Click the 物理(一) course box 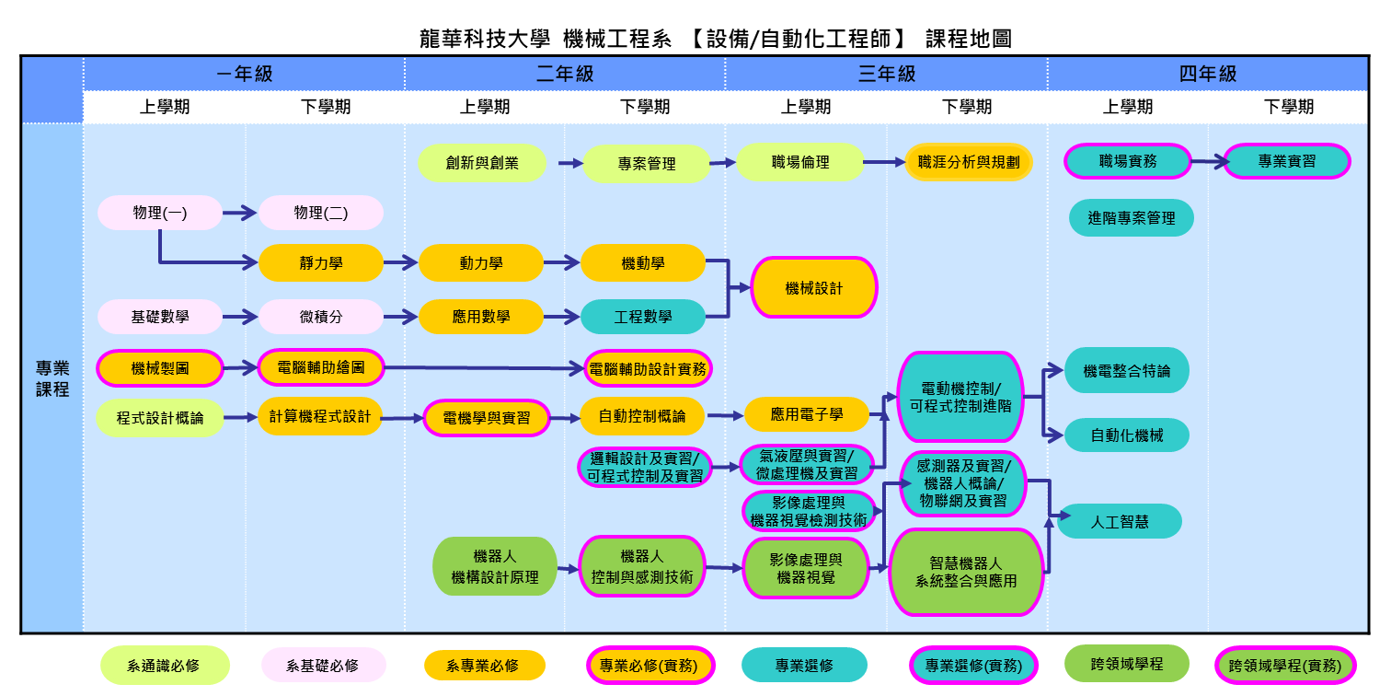(159, 213)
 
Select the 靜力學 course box (320, 263)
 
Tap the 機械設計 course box (814, 288)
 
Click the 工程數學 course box (643, 317)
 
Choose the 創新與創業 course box (482, 163)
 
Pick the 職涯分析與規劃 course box (969, 162)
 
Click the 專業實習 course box (1287, 161)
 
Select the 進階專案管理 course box (1132, 218)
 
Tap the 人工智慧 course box (1120, 521)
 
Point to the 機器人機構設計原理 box (495, 566)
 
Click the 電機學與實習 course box (487, 418)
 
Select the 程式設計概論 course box (160, 418)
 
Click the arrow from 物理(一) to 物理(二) (240, 213)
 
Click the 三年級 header (886, 74)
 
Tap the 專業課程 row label (52, 378)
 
